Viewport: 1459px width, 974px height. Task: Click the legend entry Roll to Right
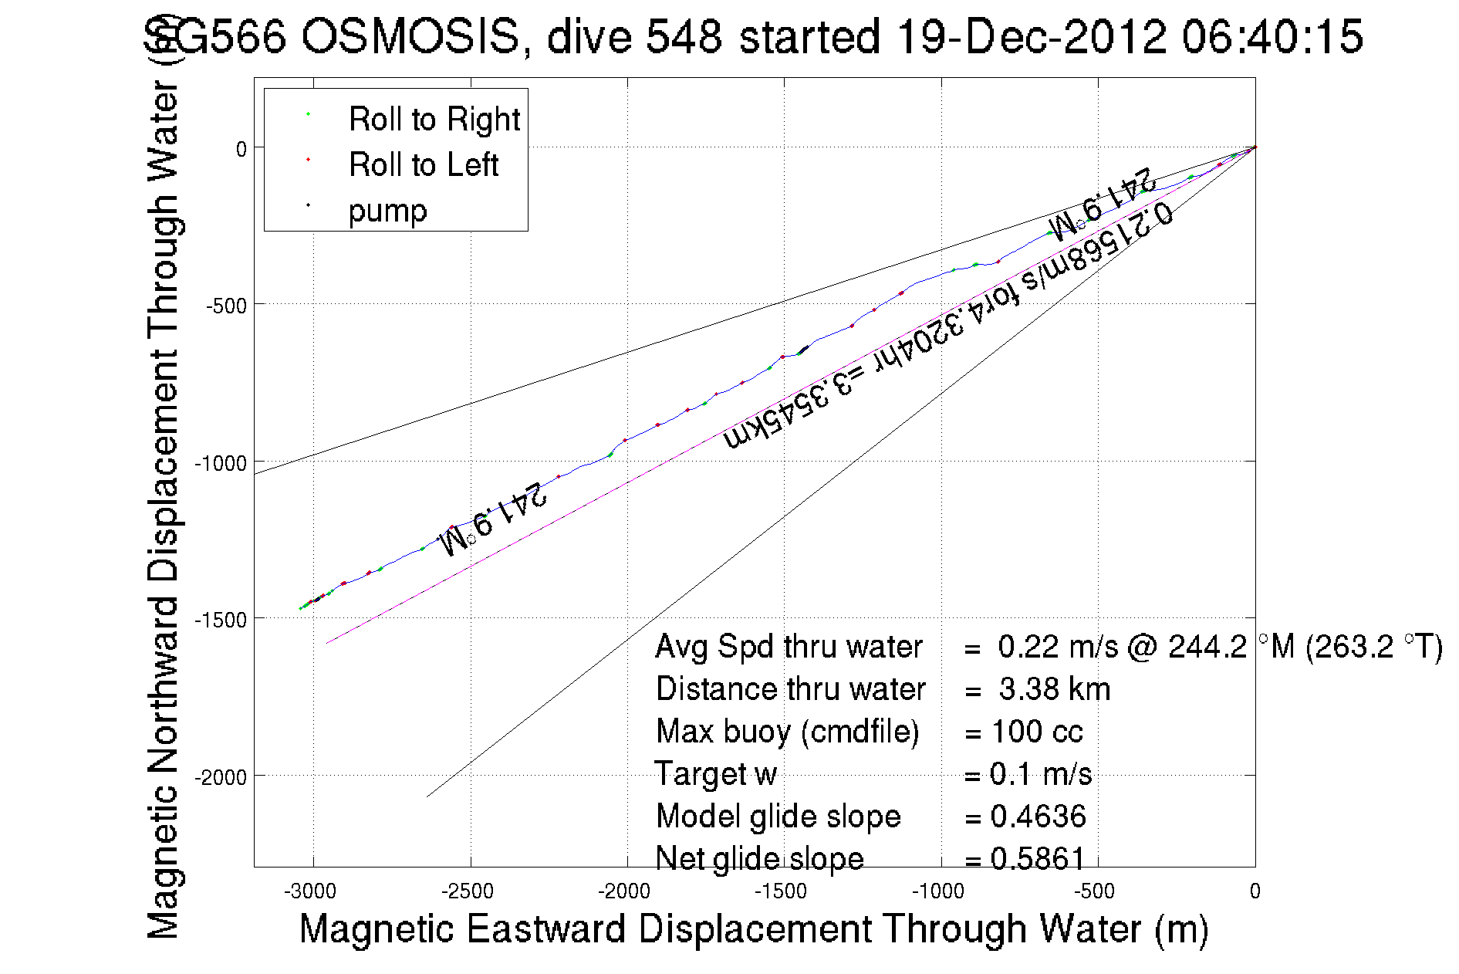coord(434,119)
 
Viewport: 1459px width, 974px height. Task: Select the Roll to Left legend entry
coord(423,164)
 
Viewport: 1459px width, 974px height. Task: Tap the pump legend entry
coord(387,210)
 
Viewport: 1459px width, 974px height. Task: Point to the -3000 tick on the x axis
coord(310,891)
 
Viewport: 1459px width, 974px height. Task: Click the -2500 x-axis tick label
coord(468,891)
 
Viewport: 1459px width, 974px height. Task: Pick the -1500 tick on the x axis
coord(782,891)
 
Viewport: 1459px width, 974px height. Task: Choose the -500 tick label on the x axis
coord(1095,891)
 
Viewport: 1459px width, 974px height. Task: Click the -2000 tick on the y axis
coord(221,776)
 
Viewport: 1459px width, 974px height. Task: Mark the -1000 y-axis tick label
coord(221,463)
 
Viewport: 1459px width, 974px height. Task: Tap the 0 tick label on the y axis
coord(241,149)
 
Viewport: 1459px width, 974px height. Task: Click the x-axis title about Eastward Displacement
coord(753,928)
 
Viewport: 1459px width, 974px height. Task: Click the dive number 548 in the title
coord(684,36)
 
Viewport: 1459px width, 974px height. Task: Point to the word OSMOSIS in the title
coord(410,36)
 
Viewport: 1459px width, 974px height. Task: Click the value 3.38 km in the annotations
coord(1054,689)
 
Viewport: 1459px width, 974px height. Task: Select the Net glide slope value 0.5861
coord(1038,858)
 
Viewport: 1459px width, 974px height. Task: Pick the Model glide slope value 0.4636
coord(1038,816)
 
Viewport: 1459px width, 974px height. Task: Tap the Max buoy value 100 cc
coord(1037,731)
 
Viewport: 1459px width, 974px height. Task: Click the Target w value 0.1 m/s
coord(1040,773)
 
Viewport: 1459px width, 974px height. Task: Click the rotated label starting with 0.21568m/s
coord(947,326)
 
